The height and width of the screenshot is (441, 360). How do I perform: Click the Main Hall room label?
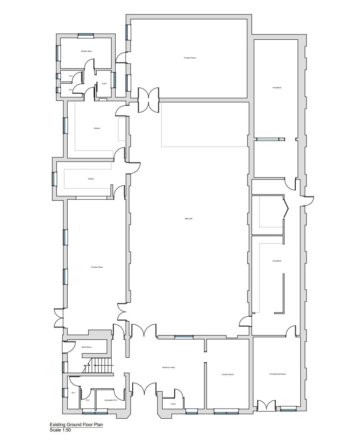[188, 219]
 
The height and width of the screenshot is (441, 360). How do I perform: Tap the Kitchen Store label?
[86, 51]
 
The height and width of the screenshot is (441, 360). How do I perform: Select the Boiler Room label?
[86, 347]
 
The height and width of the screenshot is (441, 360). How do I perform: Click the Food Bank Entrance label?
[277, 374]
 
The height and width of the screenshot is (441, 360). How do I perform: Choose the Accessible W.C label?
[111, 400]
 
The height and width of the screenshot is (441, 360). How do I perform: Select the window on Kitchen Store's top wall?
[86, 36]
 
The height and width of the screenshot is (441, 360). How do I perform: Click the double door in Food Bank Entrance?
[266, 405]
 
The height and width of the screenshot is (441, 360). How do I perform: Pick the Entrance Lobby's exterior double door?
[144, 389]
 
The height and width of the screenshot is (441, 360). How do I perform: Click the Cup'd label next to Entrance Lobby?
[173, 404]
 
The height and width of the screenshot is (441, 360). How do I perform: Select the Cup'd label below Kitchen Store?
[104, 84]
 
